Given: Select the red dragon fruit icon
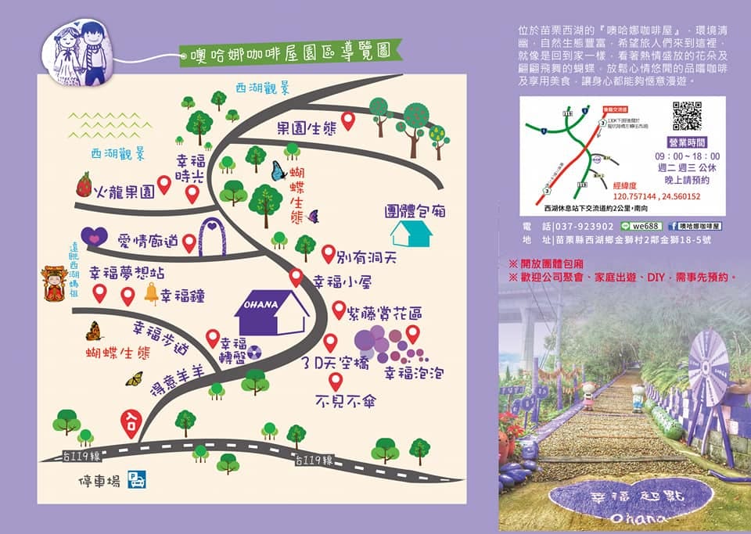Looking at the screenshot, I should coord(84,186).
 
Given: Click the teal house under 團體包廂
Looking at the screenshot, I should coord(409,233).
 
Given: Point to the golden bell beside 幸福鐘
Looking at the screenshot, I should coord(150,293).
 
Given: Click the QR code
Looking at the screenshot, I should coord(687,116).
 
